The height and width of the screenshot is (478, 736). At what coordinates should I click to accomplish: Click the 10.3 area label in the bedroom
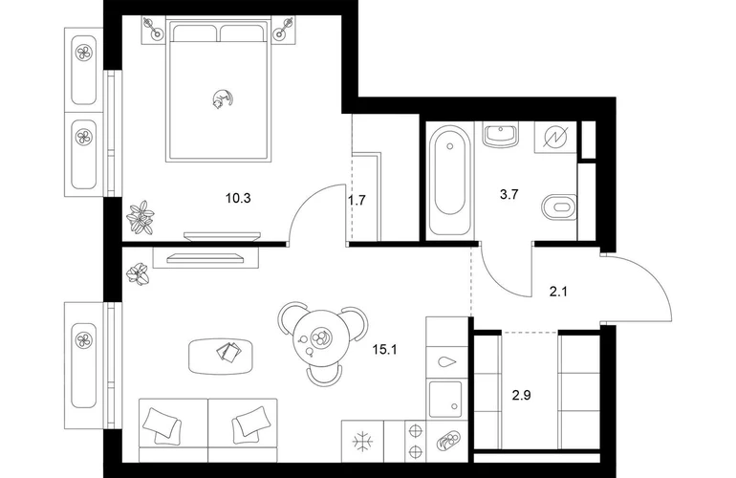(x=238, y=198)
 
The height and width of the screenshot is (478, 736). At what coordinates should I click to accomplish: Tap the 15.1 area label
(x=384, y=349)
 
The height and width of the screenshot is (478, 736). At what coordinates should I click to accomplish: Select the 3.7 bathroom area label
(x=509, y=194)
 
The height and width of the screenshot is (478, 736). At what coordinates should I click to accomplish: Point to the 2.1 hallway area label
(x=558, y=293)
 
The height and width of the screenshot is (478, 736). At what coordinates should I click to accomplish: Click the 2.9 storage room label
(x=522, y=396)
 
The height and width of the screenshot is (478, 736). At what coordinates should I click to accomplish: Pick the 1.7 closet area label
(x=357, y=201)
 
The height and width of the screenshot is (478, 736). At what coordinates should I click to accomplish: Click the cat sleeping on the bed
(x=222, y=99)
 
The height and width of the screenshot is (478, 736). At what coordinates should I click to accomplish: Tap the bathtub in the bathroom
(x=450, y=180)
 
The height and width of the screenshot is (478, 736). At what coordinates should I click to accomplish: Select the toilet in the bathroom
(x=559, y=206)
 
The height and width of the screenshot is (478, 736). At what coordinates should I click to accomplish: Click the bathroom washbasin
(x=501, y=135)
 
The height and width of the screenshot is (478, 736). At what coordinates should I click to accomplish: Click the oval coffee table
(x=222, y=357)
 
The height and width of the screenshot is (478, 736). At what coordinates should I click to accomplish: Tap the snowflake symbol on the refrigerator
(x=362, y=442)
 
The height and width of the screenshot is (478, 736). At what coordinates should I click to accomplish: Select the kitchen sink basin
(x=445, y=399)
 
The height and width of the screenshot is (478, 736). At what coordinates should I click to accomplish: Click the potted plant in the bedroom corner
(x=140, y=217)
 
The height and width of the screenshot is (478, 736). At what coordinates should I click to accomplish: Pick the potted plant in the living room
(x=139, y=273)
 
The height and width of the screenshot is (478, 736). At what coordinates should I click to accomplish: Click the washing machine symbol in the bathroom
(x=555, y=137)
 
